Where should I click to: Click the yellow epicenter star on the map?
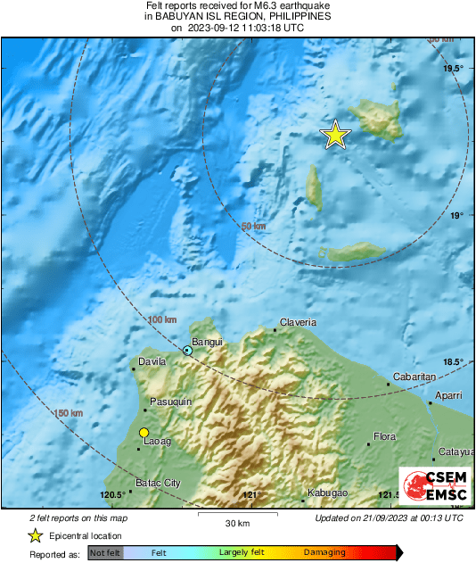pos(335,135)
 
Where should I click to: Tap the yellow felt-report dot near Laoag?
pos(144,433)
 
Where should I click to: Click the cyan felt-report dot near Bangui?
pos(187,351)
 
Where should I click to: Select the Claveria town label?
pos(298,322)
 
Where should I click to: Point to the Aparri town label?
pos(448,394)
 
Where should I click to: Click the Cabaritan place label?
pos(414,377)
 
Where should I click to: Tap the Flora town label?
pos(384,436)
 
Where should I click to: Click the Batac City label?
pos(158,483)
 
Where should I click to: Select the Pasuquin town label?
pos(170,402)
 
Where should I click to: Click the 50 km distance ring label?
pos(254,227)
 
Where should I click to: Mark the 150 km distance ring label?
pos(69,413)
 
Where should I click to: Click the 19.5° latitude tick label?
pos(455,68)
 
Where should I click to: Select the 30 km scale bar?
pos(236,516)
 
